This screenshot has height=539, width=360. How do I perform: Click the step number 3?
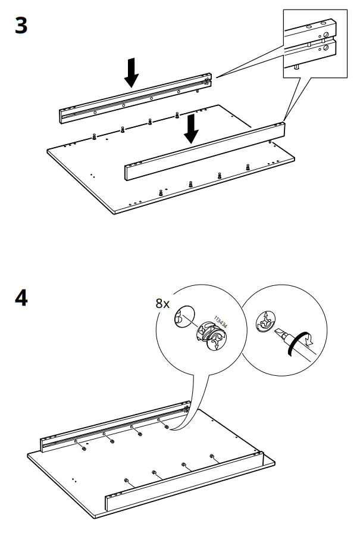[21, 26]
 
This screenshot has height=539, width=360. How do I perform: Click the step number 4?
[21, 298]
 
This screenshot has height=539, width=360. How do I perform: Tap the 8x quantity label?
[162, 304]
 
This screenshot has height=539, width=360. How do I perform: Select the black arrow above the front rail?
[190, 129]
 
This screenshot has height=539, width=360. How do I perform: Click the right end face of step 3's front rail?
[280, 130]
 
